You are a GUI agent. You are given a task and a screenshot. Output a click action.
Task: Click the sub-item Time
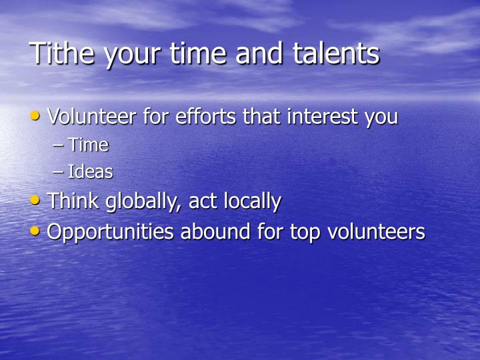(x=88, y=145)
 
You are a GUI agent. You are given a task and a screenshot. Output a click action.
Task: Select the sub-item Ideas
(x=90, y=172)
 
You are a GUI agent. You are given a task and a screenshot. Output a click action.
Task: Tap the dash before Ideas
(x=58, y=173)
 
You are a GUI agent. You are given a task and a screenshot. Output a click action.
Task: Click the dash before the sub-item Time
(x=58, y=145)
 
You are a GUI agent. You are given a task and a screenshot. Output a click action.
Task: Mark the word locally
(x=251, y=201)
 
